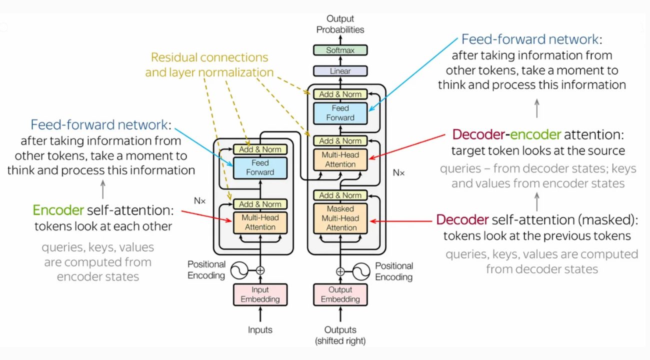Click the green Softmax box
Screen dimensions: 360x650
pos(340,50)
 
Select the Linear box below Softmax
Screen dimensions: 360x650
pos(340,71)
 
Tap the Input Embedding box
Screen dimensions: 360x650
pos(260,294)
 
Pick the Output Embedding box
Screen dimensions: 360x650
pos(340,294)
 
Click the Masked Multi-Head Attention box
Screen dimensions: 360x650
pos(340,218)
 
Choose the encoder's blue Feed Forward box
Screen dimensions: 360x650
pos(260,167)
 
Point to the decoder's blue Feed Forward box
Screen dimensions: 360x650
pos(340,113)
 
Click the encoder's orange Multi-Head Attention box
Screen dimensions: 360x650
pos(260,222)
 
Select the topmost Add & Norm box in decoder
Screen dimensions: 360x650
pos(340,94)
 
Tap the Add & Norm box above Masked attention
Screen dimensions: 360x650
pos(340,195)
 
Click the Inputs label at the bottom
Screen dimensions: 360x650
pos(260,330)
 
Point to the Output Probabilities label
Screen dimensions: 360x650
pos(340,25)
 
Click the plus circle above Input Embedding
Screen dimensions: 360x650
pos(260,271)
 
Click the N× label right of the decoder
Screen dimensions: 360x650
pos(398,172)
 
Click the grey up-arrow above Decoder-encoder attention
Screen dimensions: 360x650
pos(537,107)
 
